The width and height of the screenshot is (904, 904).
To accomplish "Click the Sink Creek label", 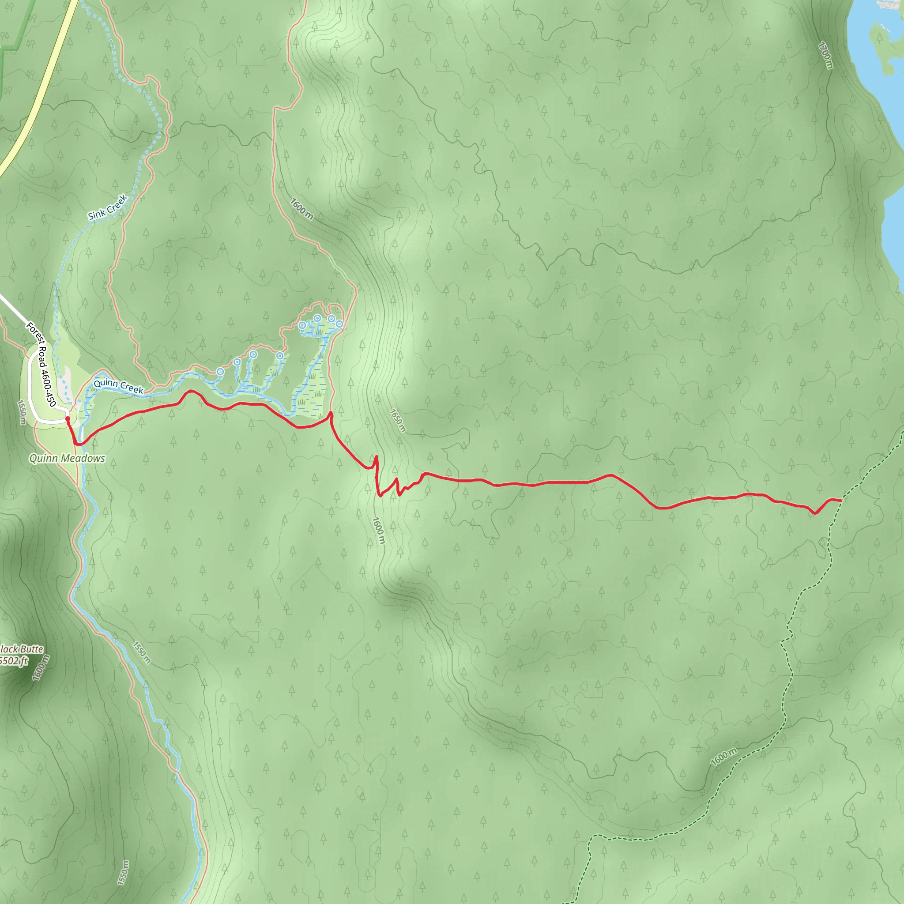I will pyautogui.click(x=108, y=208).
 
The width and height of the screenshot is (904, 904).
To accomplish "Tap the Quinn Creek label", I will pyautogui.click(x=118, y=386).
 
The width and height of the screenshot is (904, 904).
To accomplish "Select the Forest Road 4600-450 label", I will pyautogui.click(x=41, y=364).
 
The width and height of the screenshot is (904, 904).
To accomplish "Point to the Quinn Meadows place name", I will pyautogui.click(x=67, y=459).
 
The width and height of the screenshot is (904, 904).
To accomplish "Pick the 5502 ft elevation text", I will pyautogui.click(x=14, y=661).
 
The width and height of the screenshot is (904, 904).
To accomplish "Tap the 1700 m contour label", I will pyautogui.click(x=826, y=55).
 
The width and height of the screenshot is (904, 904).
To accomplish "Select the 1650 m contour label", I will pyautogui.click(x=398, y=420).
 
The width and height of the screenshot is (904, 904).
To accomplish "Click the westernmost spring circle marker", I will pyautogui.click(x=220, y=372).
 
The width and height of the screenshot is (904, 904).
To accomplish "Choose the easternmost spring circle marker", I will pyautogui.click(x=339, y=324).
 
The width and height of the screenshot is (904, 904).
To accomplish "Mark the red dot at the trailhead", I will pyautogui.click(x=68, y=419).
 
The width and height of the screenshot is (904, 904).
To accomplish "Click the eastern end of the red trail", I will pyautogui.click(x=841, y=501).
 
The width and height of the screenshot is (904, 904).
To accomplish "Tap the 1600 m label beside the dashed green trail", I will pyautogui.click(x=723, y=757).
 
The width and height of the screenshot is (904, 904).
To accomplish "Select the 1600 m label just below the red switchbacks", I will pyautogui.click(x=379, y=531).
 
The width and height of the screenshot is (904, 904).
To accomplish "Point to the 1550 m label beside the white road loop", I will pyautogui.click(x=22, y=412).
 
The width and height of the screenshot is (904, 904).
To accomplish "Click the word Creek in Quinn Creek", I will pyautogui.click(x=132, y=388).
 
